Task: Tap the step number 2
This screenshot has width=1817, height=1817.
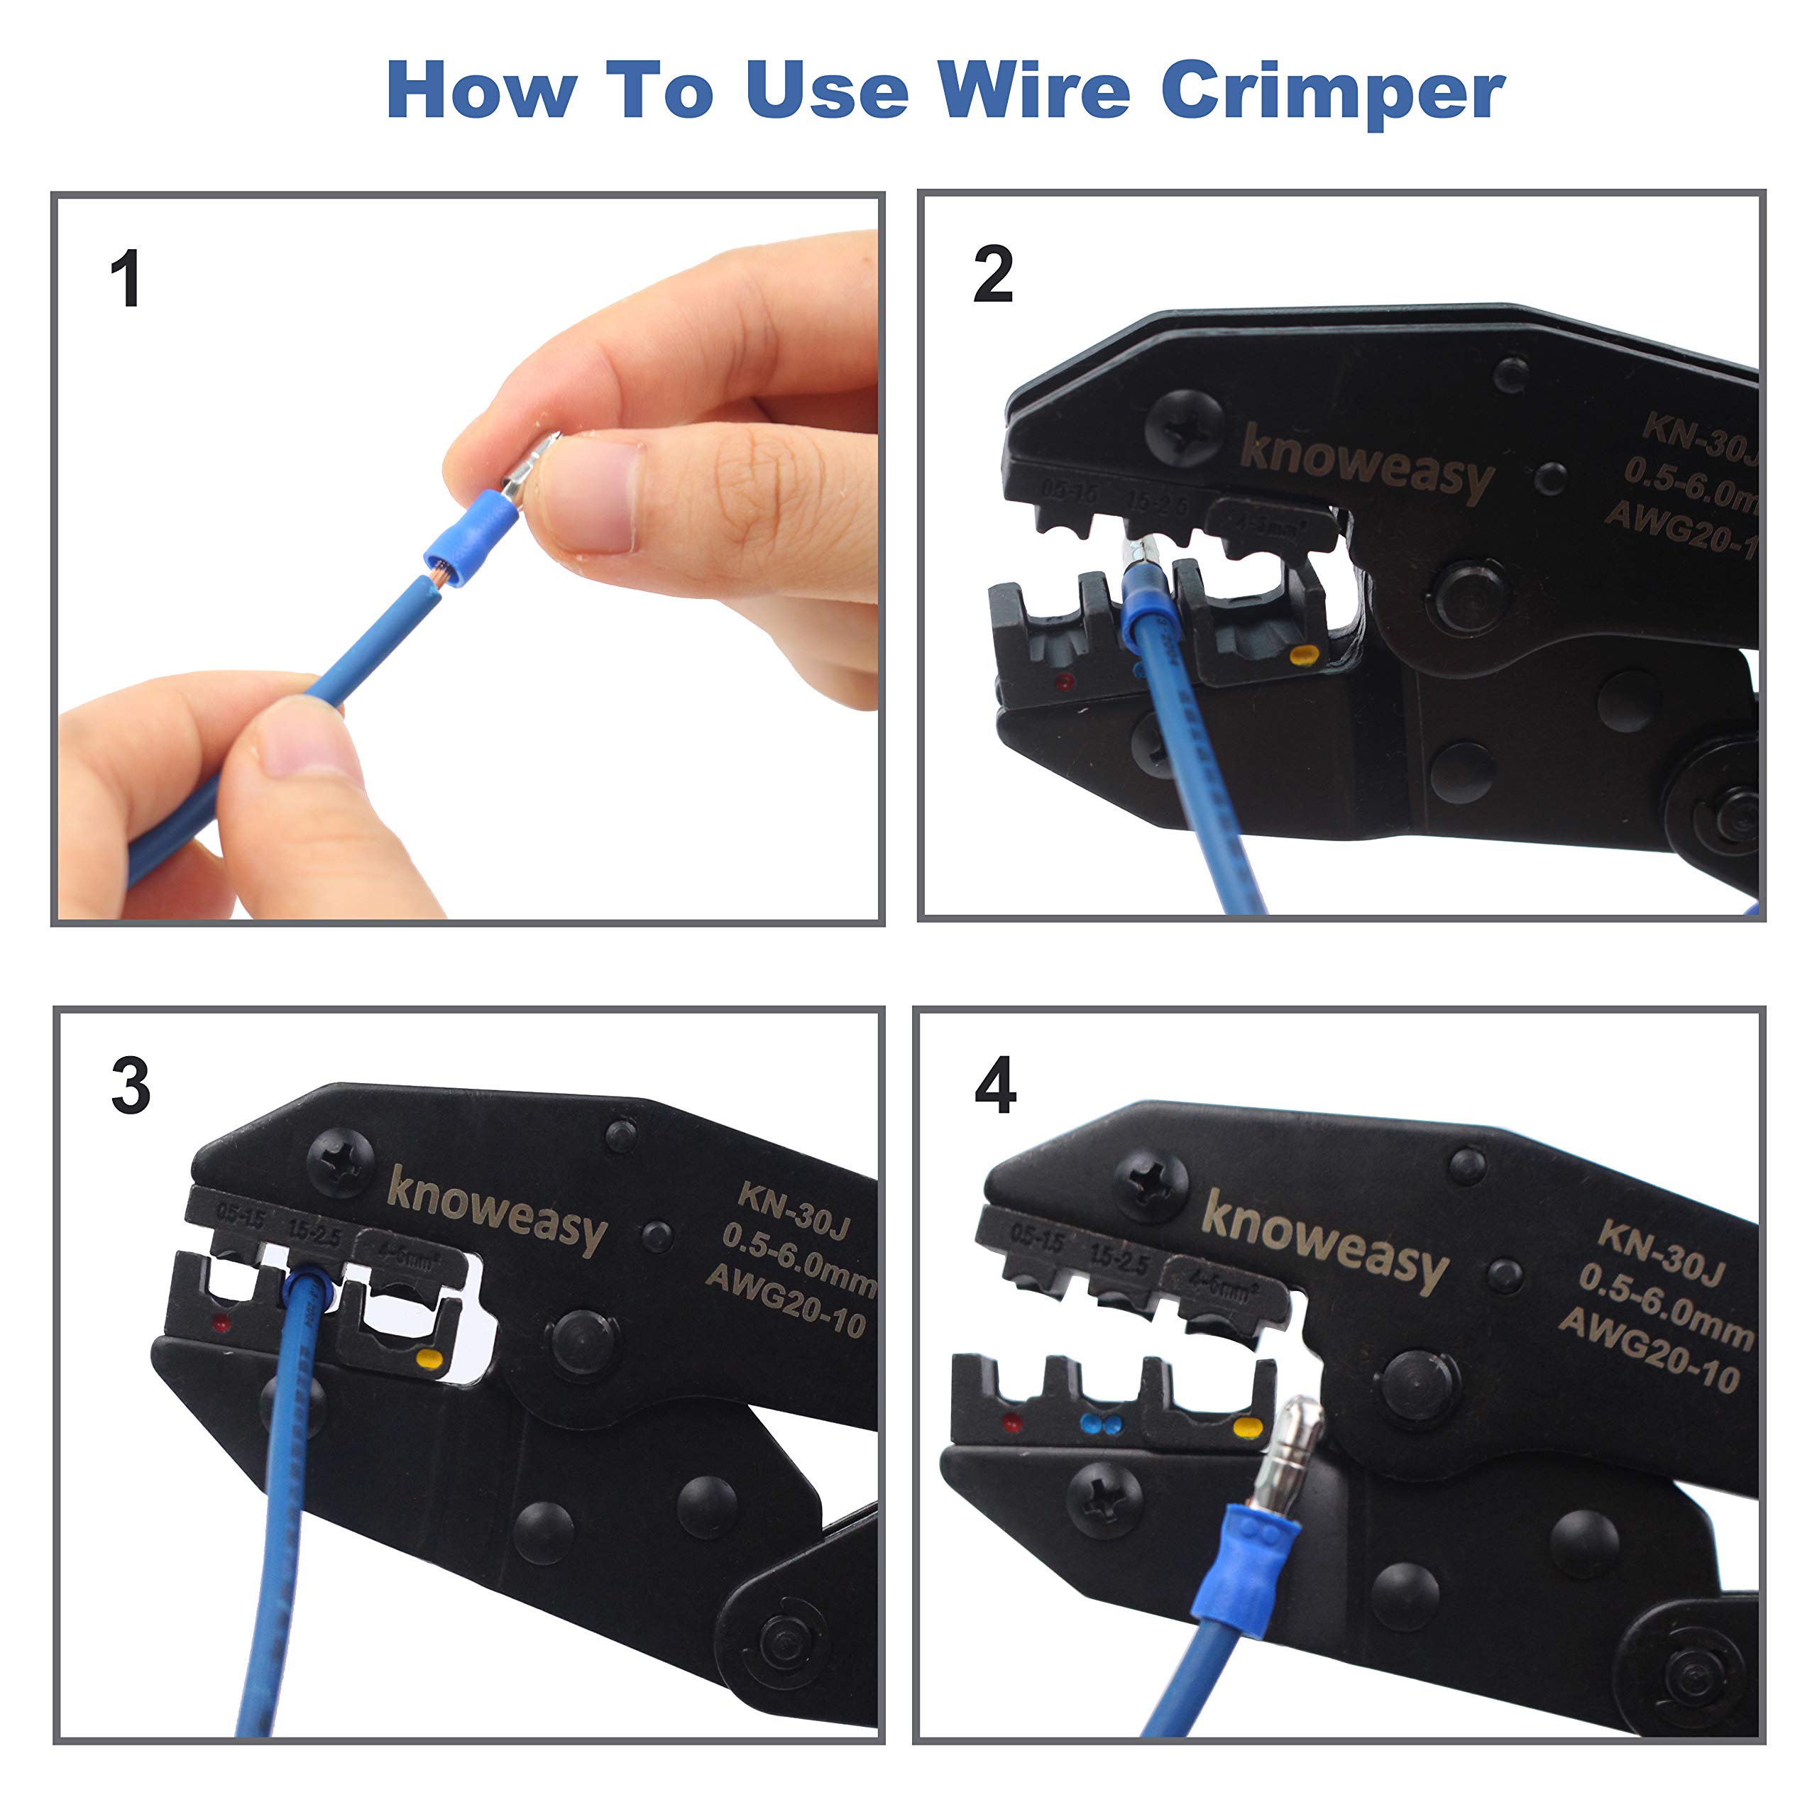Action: coord(992,274)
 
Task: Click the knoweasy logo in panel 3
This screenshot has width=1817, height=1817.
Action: coord(497,1210)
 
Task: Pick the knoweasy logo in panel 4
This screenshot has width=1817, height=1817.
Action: coord(1324,1239)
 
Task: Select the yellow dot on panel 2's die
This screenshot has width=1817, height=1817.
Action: coord(1302,656)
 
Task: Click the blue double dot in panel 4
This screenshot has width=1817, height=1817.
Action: coord(1102,1424)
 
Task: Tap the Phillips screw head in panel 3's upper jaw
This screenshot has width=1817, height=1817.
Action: coord(339,1163)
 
